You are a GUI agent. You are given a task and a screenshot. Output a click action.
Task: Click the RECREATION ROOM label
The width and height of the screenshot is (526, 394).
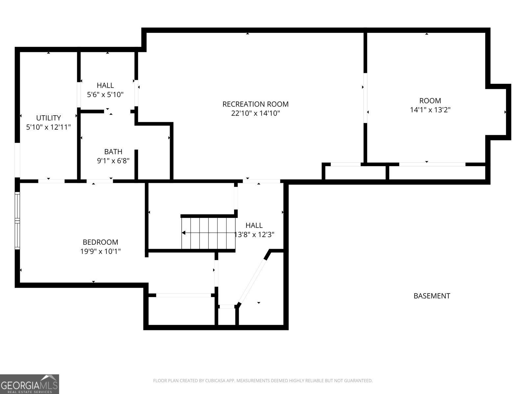pos(255,104)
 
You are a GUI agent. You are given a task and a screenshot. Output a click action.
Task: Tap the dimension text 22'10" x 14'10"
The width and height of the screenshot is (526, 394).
pos(255,114)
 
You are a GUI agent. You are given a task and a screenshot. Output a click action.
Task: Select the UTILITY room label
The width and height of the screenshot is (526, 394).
pos(48,118)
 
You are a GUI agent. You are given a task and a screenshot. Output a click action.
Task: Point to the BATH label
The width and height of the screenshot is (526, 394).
pos(113,152)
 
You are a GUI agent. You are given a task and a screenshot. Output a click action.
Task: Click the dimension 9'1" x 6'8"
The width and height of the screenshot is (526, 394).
pos(113,161)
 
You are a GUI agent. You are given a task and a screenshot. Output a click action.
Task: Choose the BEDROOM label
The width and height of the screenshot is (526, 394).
pos(100,242)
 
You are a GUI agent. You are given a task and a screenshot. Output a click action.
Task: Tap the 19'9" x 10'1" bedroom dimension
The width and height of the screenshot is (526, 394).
pos(100,252)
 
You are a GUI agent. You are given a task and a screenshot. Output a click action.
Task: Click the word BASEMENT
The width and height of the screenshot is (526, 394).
pos(431,296)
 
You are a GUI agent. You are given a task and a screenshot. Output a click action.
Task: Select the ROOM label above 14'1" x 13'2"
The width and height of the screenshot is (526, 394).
pos(430,101)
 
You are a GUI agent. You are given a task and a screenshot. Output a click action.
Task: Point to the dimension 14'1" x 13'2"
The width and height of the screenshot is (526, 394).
pos(430,110)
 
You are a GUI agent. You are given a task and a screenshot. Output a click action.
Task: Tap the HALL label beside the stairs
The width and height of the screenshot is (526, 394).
pos(254,225)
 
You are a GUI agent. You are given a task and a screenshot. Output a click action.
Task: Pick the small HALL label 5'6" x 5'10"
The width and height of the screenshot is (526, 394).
pos(105,85)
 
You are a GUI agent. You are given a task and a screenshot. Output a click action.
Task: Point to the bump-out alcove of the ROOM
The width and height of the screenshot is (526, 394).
pos(498,112)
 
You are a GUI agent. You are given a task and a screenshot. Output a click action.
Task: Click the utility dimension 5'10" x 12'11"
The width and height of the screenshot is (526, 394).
pos(48,127)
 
